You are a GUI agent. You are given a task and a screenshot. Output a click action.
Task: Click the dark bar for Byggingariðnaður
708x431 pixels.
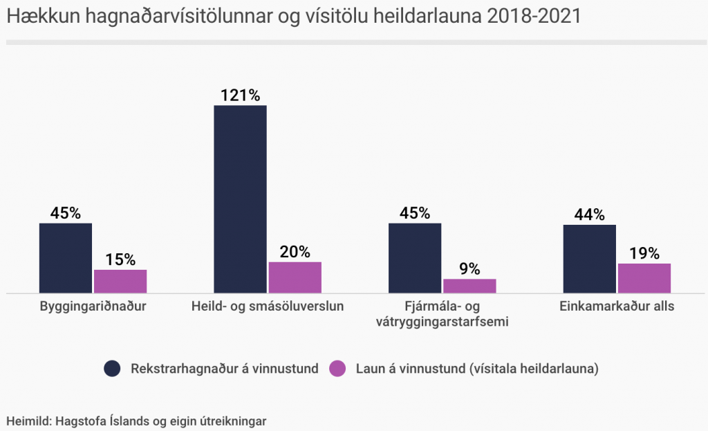[66, 257]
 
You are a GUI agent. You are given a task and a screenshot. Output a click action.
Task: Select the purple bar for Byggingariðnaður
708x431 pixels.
[120, 281]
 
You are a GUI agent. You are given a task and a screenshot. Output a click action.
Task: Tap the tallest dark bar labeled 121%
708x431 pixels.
[240, 199]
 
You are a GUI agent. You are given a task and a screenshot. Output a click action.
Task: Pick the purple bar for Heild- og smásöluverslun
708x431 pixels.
[295, 277]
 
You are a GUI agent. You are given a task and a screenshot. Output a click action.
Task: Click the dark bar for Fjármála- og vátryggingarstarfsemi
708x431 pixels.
[415, 257]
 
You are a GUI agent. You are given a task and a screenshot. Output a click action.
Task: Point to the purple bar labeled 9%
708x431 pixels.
[469, 286]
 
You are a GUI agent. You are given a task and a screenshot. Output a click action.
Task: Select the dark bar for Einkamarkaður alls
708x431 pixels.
[590, 259]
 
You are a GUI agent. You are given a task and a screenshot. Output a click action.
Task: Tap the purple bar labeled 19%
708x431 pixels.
[644, 278]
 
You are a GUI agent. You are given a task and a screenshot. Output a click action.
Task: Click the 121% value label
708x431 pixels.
[240, 95]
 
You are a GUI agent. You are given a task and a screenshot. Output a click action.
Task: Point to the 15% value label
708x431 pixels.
[120, 259]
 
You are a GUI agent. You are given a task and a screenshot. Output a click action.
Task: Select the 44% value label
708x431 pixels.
[590, 214]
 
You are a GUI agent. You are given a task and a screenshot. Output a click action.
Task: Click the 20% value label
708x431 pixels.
[295, 252]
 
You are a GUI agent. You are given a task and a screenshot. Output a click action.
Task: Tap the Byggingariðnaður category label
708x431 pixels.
[93, 306]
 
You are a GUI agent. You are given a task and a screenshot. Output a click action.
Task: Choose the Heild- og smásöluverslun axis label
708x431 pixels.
[268, 306]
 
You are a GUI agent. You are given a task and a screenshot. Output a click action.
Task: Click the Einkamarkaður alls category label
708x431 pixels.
[617, 306]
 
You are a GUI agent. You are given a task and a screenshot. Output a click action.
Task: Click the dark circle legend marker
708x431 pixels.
[113, 369]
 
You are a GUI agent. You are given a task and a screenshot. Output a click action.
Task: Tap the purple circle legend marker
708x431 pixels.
[338, 369]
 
